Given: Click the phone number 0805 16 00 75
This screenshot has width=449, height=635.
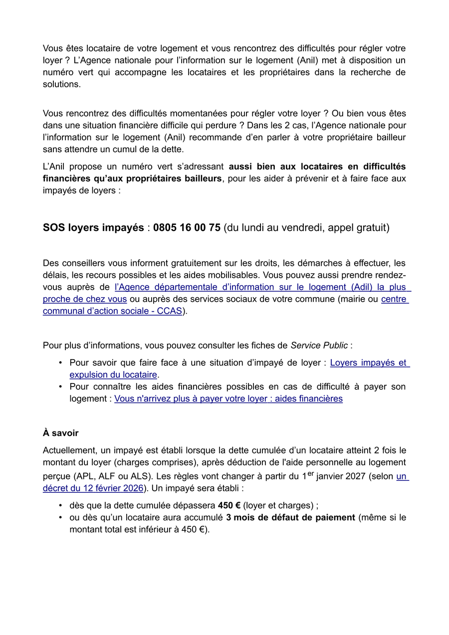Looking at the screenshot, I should click(x=187, y=228).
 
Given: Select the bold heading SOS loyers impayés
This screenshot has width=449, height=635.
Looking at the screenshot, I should click(x=93, y=228).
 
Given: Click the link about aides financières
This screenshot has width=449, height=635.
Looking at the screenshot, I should click(x=228, y=399).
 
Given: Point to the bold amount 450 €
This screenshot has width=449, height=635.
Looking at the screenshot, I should click(x=229, y=505).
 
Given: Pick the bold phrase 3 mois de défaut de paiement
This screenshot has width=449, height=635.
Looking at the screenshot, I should click(x=290, y=517).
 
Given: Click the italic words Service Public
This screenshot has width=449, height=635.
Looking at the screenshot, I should click(x=319, y=345).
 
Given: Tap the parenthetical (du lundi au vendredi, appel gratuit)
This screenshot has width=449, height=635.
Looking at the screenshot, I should click(x=306, y=228).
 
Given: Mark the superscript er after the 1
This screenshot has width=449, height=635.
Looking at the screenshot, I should click(x=311, y=473).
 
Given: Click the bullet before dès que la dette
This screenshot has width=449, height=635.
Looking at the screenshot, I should click(x=60, y=505).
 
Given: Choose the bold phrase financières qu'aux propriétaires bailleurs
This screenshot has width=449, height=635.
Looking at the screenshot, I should click(x=132, y=179).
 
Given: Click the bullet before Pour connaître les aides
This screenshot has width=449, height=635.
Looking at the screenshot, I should click(x=60, y=387).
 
